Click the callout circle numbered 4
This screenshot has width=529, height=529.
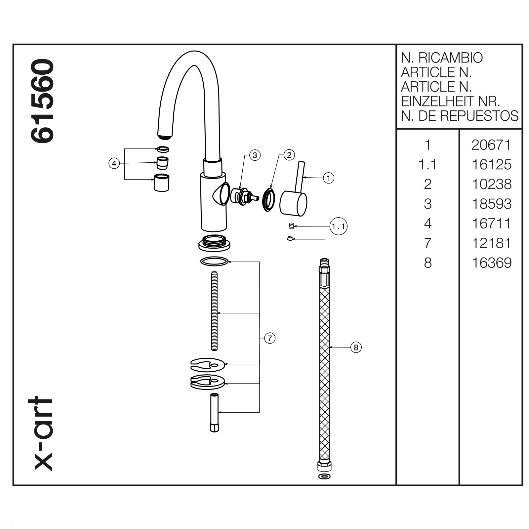[x=114, y=163]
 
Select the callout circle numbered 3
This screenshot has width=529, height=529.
[x=255, y=155]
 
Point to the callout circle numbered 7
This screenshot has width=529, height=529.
[x=270, y=338]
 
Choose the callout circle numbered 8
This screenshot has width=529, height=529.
[x=356, y=347]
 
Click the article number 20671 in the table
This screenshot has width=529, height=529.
[x=491, y=145]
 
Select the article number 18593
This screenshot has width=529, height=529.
[x=491, y=204]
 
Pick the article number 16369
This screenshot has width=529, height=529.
[x=491, y=263]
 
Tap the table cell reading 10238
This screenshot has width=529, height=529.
[x=491, y=184]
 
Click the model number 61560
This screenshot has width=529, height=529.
[x=42, y=101]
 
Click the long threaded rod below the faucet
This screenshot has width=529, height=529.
[x=214, y=311]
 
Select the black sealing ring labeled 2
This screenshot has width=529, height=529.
[x=268, y=200]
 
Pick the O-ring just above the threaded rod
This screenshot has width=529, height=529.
[x=214, y=262]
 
